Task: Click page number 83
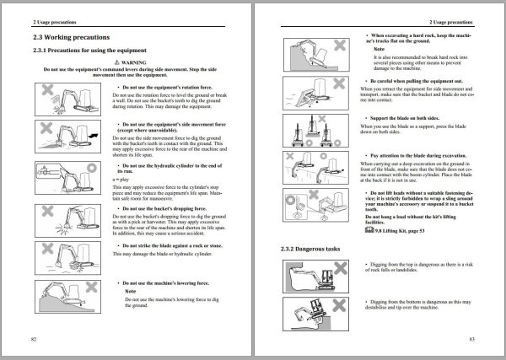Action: [473, 337]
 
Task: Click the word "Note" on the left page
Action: [131, 291]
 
